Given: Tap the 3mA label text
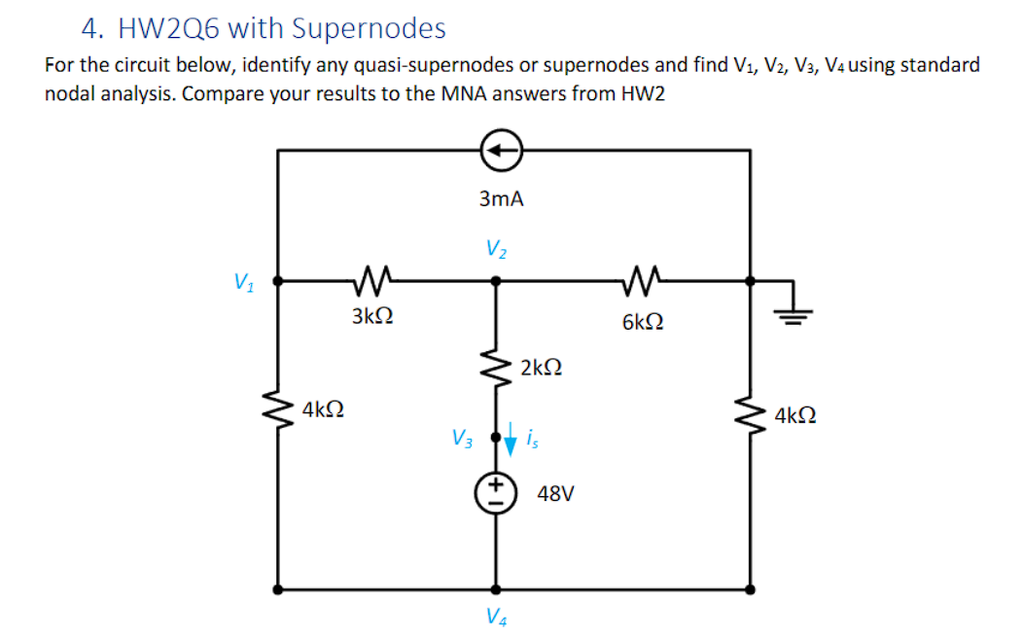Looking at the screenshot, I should click(501, 199).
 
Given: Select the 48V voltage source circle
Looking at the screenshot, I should click(496, 493).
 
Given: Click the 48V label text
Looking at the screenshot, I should click(555, 494).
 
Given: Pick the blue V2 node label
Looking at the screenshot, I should click(496, 249).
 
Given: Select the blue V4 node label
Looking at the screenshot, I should click(495, 615).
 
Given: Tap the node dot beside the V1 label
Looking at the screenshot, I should click(279, 281).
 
